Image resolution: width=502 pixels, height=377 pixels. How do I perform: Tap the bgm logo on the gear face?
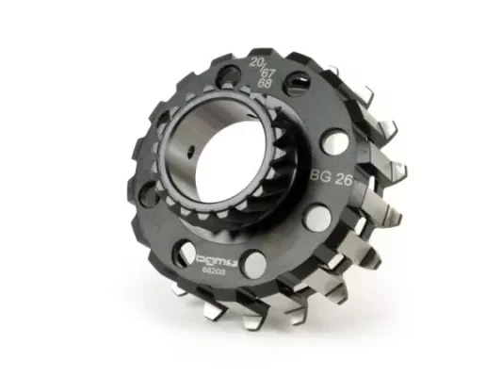pyautogui.click(x=215, y=258)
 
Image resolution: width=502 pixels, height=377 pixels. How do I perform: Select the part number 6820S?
pyautogui.click(x=213, y=270)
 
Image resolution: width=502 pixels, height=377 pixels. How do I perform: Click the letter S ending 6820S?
pyautogui.click(x=222, y=270)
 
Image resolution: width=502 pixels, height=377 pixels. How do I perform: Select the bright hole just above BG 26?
pyautogui.click(x=334, y=141)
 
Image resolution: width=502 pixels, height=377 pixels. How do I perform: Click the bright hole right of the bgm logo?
pyautogui.click(x=254, y=263)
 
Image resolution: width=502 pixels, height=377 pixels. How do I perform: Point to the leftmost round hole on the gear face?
pyautogui.click(x=149, y=193)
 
